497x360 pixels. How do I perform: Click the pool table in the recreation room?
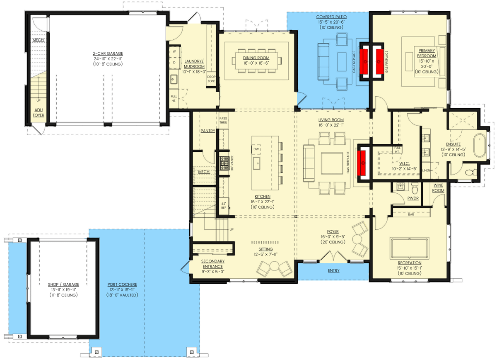[x=409, y=244]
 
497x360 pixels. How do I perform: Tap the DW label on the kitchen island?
[x=256, y=149]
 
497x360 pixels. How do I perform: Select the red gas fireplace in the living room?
[x=363, y=162]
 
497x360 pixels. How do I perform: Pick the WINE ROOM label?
[x=439, y=187]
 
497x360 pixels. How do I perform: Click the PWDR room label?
[x=413, y=198]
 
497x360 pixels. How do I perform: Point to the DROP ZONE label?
[x=211, y=79]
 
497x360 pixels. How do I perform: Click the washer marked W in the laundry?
[x=174, y=51]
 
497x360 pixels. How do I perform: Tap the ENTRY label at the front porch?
[x=333, y=270]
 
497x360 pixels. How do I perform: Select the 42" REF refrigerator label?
[x=223, y=205]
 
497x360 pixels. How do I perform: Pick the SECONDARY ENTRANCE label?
[x=212, y=264]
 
